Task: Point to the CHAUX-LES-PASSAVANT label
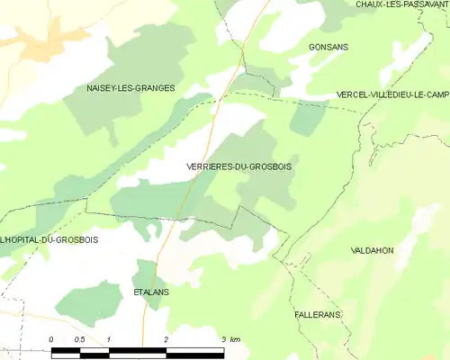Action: [x=401, y=4]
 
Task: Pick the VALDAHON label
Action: [x=373, y=250]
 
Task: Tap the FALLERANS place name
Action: [x=320, y=316]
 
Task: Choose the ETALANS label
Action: [x=151, y=292]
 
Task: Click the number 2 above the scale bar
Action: [x=166, y=338]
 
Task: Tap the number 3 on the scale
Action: [x=223, y=338]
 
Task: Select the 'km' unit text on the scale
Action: [x=235, y=338]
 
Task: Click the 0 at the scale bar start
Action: [x=51, y=338]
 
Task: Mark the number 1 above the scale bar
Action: [x=108, y=338]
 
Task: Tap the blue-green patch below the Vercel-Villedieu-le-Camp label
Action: [x=310, y=118]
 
